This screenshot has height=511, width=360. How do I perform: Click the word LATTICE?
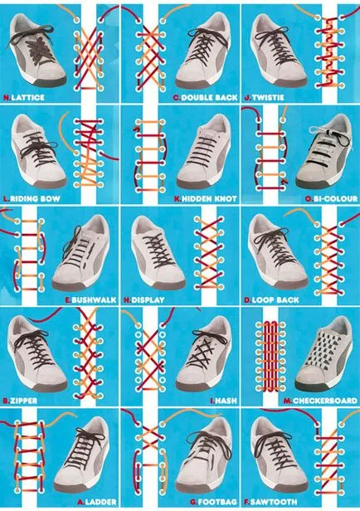27,97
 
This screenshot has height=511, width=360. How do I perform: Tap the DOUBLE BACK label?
209,97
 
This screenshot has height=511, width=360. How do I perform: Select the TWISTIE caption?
268,97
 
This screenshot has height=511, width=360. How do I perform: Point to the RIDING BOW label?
35,198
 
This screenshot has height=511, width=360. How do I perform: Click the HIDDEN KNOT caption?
209,198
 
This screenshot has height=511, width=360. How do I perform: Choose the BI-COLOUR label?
335,198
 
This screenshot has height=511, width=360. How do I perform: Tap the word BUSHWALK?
94,299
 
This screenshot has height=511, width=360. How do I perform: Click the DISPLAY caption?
148,299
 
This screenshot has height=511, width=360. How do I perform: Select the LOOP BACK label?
275,299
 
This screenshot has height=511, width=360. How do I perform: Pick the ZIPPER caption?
23,401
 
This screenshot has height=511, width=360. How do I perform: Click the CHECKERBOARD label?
325,401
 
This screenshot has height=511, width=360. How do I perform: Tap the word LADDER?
100,502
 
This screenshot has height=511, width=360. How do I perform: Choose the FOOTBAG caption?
217,502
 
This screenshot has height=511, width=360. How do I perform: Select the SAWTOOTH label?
274,502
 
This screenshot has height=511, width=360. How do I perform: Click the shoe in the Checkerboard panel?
324,354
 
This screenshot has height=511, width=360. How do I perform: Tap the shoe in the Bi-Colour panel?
324,152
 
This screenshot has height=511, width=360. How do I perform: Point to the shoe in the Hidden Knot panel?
204,152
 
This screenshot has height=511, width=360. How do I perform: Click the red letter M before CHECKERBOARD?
288,401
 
